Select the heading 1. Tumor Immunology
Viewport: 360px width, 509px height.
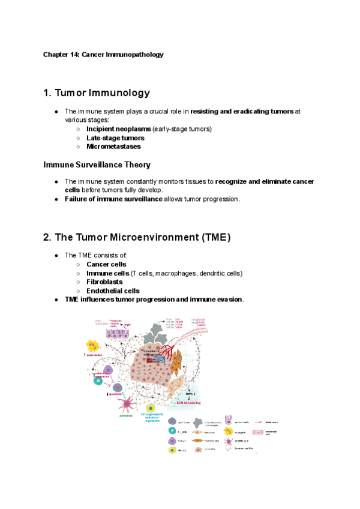(97, 93)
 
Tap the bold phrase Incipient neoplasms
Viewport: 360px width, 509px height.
(118, 129)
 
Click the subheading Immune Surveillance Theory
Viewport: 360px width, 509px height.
(97, 164)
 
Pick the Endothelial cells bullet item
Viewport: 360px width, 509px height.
(113, 291)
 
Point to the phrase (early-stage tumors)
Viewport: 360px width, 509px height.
(182, 129)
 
